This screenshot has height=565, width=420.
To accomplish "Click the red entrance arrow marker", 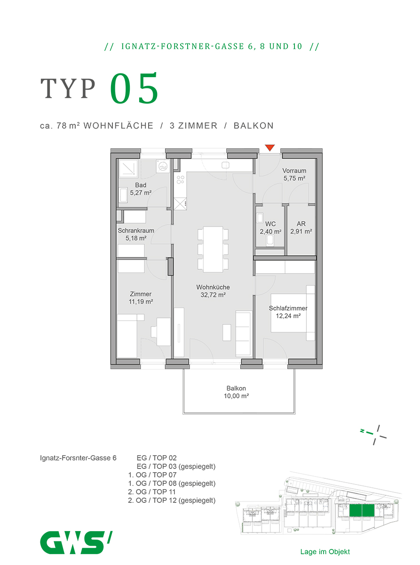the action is point(269,148).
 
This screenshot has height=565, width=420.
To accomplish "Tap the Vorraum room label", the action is point(294,170).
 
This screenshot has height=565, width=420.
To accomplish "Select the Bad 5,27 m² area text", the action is point(141,189).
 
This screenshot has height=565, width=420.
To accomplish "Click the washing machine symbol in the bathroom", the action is point(163,166).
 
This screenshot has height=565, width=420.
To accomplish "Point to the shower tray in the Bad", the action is point(128,169).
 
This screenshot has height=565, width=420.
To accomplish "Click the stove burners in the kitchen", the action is point(180,179).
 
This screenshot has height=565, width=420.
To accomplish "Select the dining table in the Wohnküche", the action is point(213,249).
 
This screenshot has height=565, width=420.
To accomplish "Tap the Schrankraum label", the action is point(136,231).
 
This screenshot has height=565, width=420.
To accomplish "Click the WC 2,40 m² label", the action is point(270,228).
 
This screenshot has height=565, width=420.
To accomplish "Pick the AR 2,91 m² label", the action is point(301,227).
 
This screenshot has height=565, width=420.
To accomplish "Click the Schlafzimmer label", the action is point(288,308).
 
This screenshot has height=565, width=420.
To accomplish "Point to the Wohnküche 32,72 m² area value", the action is point(213,295).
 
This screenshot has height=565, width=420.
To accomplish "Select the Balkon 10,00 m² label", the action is point(236,392).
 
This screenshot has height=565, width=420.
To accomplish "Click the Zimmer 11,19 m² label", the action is point(141,298).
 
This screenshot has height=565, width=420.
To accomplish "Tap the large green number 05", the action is point(134,88).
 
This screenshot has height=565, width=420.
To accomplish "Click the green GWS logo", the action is point(76,542).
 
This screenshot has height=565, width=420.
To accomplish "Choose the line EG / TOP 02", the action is point(157,458).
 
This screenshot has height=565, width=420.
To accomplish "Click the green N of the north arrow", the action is point(362,431).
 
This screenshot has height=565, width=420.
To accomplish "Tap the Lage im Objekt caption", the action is point(325,551).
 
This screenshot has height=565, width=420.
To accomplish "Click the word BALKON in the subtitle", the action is point(254,126).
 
